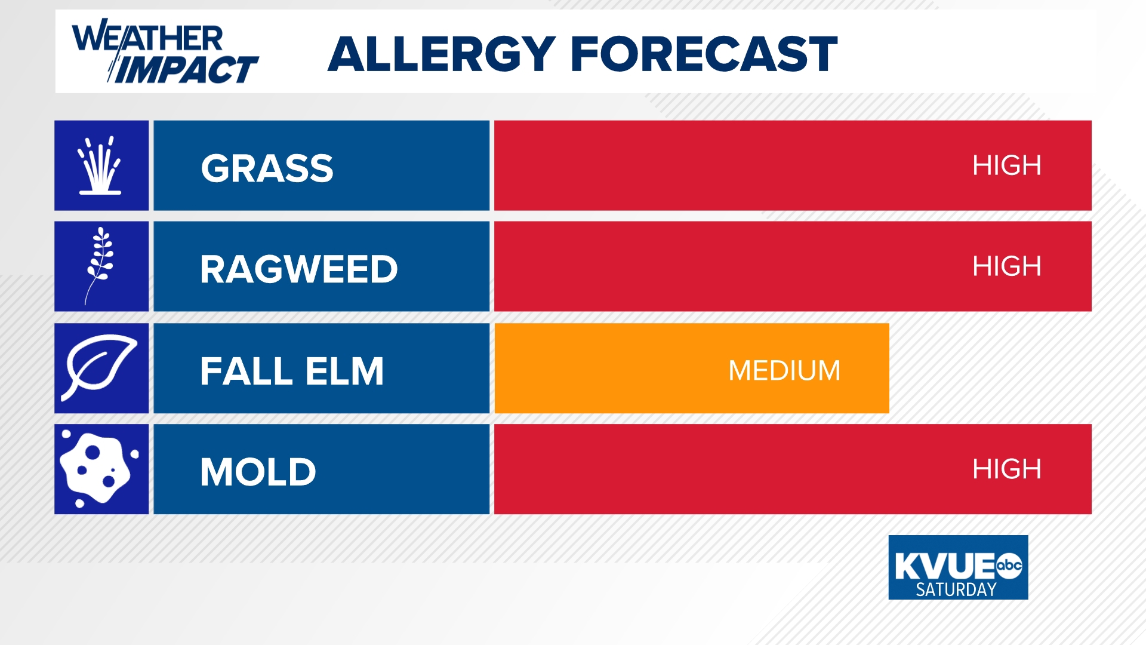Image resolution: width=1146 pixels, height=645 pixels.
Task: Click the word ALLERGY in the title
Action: [442, 54]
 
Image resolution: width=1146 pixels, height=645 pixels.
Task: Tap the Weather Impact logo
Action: [164, 52]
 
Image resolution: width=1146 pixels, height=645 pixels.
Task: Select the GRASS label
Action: [267, 168]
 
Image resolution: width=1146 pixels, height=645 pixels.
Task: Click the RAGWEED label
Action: [298, 269]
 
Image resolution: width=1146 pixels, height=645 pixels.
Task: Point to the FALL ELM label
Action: [292, 371]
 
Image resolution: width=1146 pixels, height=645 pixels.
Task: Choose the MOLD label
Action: [258, 472]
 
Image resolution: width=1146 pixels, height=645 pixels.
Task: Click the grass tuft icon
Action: [101, 165]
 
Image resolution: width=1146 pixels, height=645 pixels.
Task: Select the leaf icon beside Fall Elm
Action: [101, 367]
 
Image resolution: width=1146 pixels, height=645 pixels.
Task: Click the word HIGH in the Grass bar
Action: [1006, 165]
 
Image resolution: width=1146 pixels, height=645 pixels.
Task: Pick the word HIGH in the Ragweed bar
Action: [1006, 266]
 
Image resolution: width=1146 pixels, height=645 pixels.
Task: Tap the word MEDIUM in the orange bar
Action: [784, 371]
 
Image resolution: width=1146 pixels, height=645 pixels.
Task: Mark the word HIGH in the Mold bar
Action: [1006, 469]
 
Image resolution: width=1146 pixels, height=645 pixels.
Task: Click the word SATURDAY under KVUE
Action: [956, 589]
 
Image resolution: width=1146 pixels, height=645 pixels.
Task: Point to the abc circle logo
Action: [1009, 565]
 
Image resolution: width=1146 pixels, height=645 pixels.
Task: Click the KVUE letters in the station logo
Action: [944, 566]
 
